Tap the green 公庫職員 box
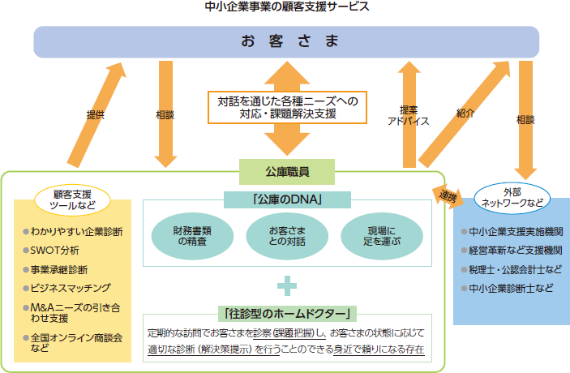286,171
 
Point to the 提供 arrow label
95,115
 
